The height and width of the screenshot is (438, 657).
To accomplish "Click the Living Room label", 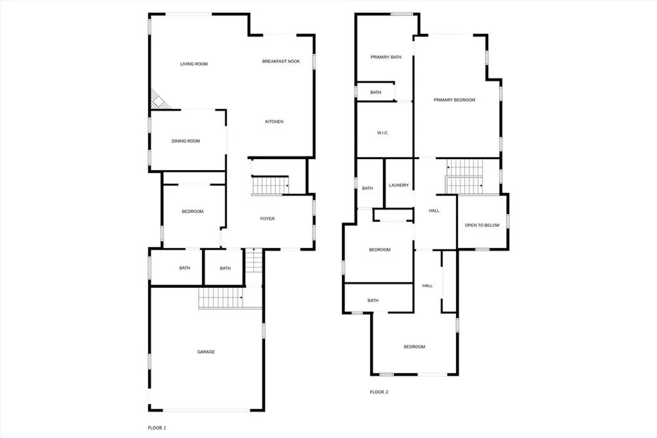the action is click(x=194, y=64).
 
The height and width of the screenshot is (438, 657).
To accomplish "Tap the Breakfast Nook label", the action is click(x=281, y=61).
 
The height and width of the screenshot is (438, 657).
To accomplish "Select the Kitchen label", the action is click(x=275, y=121).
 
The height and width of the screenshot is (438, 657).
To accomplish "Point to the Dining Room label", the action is click(x=185, y=141).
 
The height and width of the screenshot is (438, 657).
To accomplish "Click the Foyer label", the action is click(x=268, y=219).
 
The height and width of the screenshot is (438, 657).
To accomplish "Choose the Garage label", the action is click(x=206, y=351).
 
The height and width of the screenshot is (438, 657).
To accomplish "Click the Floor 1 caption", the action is click(x=157, y=428).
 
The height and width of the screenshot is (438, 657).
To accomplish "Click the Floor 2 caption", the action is click(x=379, y=392).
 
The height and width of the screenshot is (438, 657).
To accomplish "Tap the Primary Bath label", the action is click(x=386, y=57).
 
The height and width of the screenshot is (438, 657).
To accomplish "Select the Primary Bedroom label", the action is click(x=454, y=100).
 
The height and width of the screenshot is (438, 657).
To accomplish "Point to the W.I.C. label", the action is click(x=382, y=133).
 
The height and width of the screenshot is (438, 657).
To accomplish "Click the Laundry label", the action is click(x=398, y=185).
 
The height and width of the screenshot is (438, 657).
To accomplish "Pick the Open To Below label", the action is click(x=482, y=225).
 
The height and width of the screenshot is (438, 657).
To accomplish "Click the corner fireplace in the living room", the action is click(x=159, y=101).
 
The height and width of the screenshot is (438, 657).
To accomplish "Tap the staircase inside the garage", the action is click(x=230, y=298).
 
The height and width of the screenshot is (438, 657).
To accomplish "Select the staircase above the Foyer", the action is click(x=270, y=185).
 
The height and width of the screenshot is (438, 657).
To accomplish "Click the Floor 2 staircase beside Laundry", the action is click(x=465, y=176).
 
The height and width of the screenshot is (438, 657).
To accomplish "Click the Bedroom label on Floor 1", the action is click(x=192, y=212).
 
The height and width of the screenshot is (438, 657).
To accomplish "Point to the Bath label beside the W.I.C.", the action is click(x=375, y=92).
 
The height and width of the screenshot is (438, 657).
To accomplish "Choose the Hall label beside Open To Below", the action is click(x=434, y=210).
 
